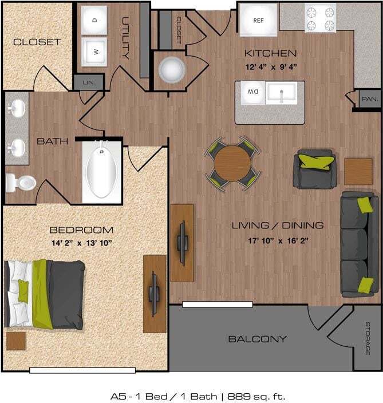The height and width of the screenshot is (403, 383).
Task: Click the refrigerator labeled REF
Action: coord(258,19)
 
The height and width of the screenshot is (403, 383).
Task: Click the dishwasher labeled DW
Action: coord(252,92)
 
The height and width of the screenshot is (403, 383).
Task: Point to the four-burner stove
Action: coord(320,18)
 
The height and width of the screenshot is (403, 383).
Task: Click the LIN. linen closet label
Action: coord(88,82)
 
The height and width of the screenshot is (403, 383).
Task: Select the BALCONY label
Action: coord(257,339)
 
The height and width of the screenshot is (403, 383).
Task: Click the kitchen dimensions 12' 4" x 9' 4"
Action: coord(270,66)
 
